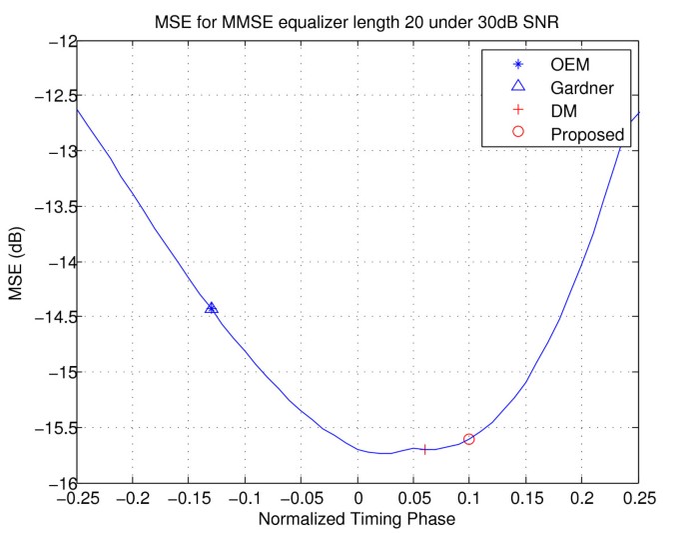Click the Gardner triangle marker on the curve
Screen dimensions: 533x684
(212, 308)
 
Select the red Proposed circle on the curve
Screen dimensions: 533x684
(469, 439)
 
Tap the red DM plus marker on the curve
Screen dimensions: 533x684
(425, 450)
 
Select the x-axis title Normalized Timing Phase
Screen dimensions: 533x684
(357, 521)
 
